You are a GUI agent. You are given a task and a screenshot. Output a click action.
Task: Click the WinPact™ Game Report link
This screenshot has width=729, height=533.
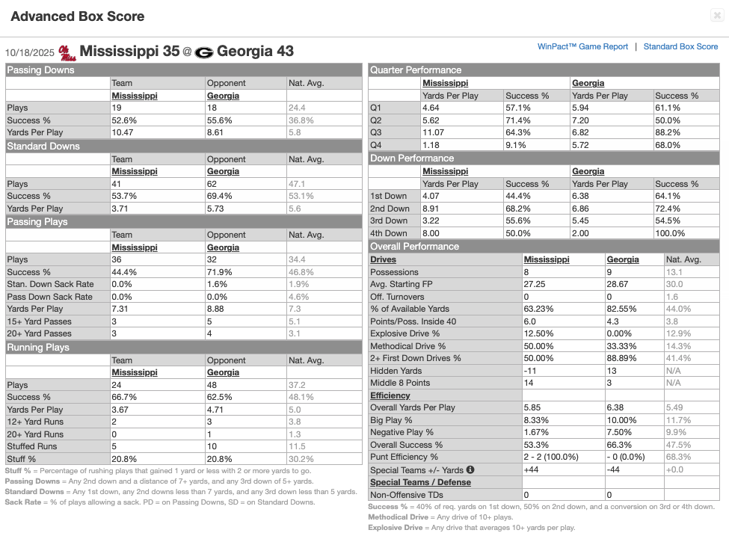click(582, 46)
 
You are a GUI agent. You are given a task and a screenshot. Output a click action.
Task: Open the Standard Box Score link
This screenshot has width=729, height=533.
click(680, 46)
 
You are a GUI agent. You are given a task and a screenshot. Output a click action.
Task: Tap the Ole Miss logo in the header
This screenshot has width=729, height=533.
click(67, 52)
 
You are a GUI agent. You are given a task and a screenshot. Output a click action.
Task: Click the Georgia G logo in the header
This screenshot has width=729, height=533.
click(205, 52)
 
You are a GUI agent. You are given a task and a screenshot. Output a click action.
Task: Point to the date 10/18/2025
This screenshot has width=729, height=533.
click(29, 52)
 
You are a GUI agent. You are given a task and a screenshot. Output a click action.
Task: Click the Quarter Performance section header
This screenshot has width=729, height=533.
click(416, 70)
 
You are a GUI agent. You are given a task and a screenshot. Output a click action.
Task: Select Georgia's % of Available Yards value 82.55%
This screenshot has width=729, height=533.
click(623, 309)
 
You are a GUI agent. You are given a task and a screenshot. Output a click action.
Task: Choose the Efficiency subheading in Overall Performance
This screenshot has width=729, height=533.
click(390, 395)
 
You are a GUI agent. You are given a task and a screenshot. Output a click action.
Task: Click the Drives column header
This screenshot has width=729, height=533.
click(384, 259)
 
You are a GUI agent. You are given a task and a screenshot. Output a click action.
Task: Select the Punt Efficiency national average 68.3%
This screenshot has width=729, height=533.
click(678, 457)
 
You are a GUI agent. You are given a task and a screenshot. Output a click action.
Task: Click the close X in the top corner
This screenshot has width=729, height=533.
click(716, 16)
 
